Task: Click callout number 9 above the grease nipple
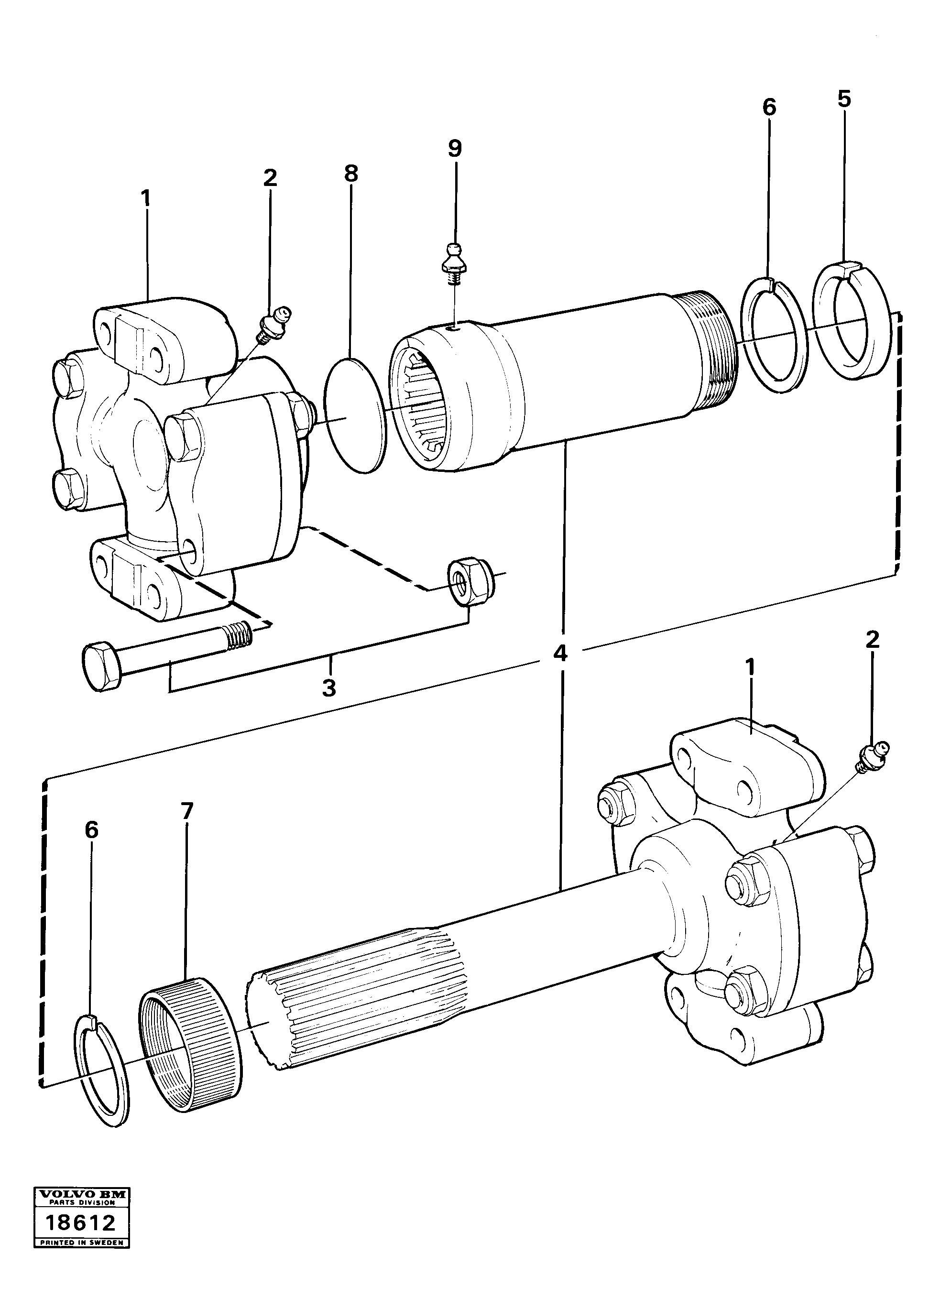(455, 149)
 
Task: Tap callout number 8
(351, 173)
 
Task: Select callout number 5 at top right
(844, 99)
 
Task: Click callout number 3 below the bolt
(329, 688)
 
